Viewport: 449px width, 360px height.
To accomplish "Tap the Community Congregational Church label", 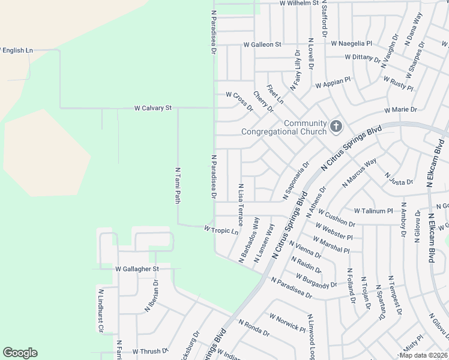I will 284,127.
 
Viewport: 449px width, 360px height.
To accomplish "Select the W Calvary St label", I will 152,108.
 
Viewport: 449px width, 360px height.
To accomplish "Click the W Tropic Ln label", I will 221,229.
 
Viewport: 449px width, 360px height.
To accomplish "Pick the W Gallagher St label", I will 137,269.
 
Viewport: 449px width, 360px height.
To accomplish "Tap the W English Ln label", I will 16,50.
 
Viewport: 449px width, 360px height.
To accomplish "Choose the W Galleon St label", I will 262,44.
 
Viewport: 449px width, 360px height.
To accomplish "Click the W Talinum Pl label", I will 373,211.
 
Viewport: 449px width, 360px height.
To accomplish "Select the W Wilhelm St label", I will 299,3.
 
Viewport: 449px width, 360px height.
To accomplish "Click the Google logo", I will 20,353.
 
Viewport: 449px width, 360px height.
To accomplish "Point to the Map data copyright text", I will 423,355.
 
